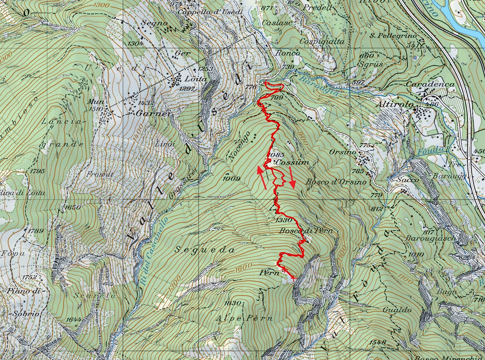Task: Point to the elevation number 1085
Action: tap(275, 155)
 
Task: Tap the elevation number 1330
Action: tap(284, 220)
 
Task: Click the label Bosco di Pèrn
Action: tap(306, 231)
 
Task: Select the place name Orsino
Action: tap(343, 152)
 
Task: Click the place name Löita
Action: tap(196, 79)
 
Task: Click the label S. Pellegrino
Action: tap(394, 36)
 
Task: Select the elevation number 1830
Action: tap(232, 303)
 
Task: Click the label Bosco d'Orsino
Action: tap(336, 182)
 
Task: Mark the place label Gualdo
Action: tap(397, 310)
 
